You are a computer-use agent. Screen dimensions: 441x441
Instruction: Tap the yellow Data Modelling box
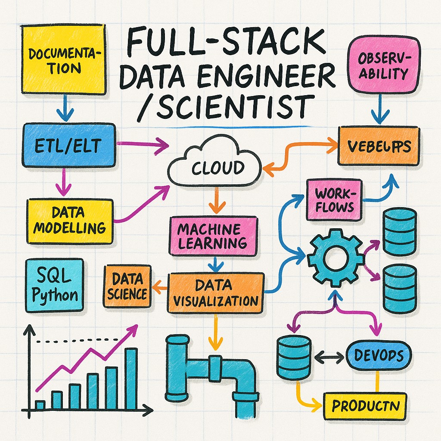[70, 220]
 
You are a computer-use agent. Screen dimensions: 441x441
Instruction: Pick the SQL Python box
[55, 285]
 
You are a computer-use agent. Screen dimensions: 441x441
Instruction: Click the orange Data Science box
[127, 286]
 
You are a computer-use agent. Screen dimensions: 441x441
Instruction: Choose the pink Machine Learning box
[213, 236]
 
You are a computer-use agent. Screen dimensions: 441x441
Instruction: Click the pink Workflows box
[334, 199]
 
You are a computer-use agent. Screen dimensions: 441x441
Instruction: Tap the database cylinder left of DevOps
[294, 356]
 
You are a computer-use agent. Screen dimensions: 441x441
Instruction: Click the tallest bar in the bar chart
[131, 379]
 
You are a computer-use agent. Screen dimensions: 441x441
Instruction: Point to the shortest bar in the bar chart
[40, 405]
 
